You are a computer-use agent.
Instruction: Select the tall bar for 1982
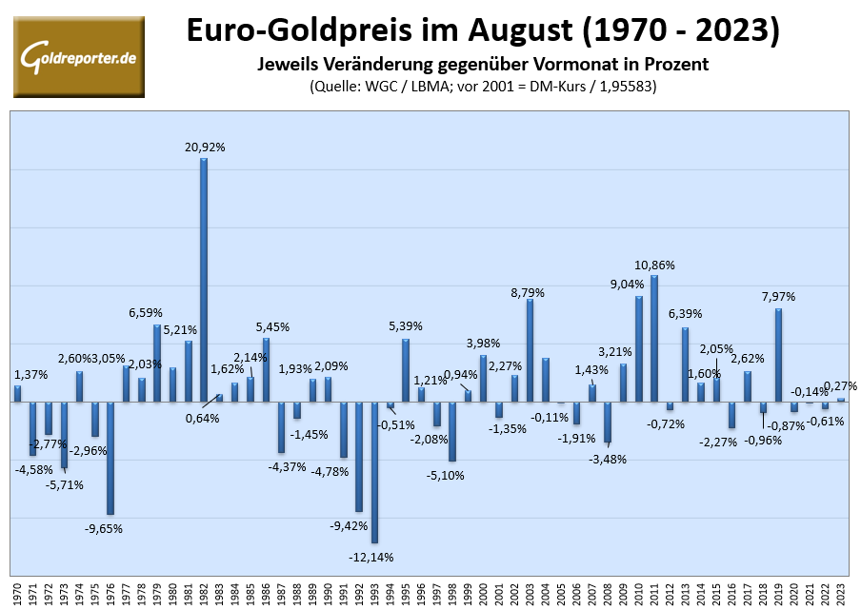tap(204, 279)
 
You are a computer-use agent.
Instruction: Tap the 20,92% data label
tap(204, 147)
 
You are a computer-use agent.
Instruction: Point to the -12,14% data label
tap(371, 557)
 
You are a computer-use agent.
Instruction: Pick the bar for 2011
tap(654, 338)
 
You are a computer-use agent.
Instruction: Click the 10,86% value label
tap(655, 264)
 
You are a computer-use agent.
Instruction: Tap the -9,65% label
tap(103, 528)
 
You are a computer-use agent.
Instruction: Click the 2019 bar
tap(778, 354)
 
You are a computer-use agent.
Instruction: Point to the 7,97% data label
tap(778, 297)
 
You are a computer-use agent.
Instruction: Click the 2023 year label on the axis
tap(841, 592)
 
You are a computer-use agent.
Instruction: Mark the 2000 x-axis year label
tap(484, 592)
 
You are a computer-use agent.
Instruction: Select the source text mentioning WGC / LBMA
tap(484, 86)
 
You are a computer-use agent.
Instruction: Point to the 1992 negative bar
tap(359, 456)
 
